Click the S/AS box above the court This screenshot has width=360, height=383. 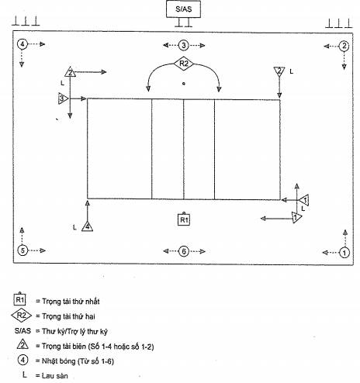point(183,9)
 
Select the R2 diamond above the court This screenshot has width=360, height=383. point(183,64)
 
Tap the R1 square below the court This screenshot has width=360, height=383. point(184,219)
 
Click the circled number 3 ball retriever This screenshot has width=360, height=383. point(184,46)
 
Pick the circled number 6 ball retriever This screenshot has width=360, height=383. point(184,251)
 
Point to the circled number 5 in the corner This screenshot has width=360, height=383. point(22,250)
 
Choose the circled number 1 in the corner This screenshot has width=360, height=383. point(344,253)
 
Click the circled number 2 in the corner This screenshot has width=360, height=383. point(344,47)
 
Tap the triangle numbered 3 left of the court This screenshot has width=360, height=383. point(63,98)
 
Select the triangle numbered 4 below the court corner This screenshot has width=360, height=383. point(88,226)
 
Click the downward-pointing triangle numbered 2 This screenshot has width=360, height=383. point(279,71)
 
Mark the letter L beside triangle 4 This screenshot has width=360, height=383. point(74,227)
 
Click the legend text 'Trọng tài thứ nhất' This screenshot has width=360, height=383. point(71,302)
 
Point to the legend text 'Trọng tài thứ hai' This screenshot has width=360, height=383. point(68,316)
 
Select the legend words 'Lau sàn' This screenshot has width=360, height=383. point(55,375)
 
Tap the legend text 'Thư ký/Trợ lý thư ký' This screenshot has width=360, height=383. point(74,331)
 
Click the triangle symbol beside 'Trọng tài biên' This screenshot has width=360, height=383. point(22,344)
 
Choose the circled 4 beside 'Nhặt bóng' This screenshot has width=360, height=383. point(22,360)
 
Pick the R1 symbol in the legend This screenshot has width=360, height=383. point(20,299)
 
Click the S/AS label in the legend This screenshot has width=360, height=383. point(22,331)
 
